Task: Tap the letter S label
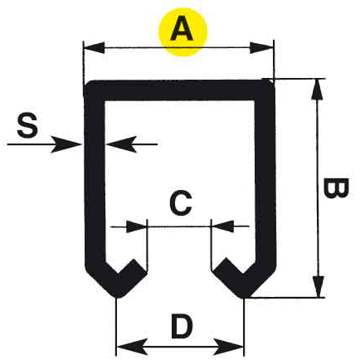27,125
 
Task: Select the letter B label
335,188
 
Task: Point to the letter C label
181,203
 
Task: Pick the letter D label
182,326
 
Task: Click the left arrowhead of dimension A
94,48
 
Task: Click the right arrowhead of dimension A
261,48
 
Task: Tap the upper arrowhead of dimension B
317,90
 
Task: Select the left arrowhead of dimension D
132,347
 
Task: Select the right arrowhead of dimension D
228,347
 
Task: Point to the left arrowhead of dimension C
136,226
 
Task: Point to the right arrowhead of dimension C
223,226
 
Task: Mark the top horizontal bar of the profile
179,90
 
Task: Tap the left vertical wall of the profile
95,177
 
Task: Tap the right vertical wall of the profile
265,177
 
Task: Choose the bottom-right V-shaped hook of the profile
243,282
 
